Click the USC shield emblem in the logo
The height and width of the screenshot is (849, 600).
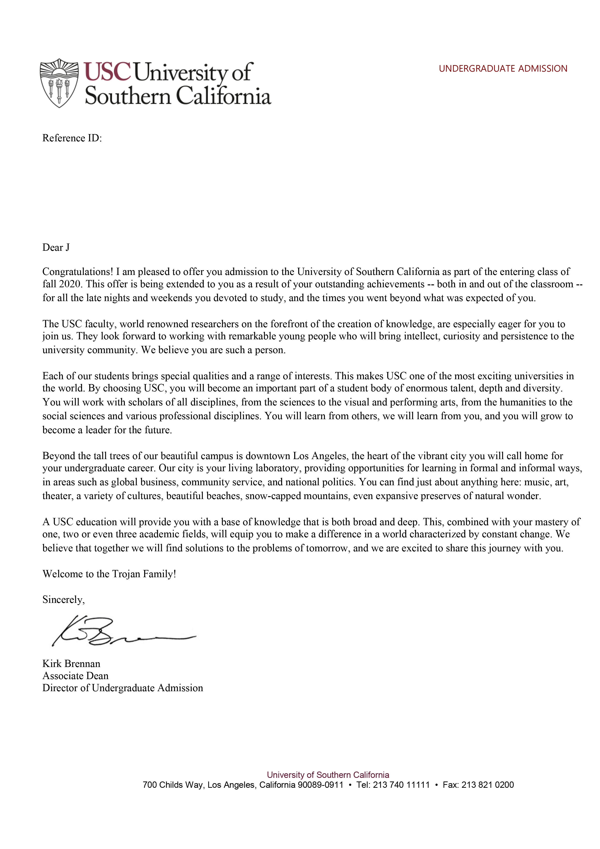(x=59, y=83)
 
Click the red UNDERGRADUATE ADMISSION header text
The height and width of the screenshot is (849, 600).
(x=502, y=69)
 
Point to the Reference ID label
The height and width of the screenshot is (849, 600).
(x=72, y=138)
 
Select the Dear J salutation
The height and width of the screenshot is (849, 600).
(x=56, y=247)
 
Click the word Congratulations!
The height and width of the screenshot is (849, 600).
(x=78, y=272)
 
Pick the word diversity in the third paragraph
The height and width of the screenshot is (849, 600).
(x=541, y=388)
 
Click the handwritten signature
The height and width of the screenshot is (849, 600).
(x=122, y=632)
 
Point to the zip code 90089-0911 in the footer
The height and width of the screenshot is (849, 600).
(x=320, y=785)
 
